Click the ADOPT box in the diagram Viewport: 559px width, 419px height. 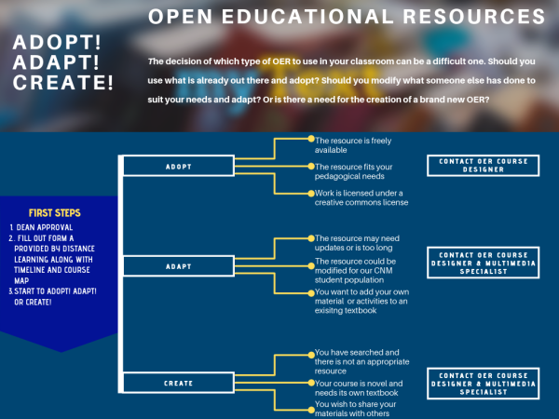pyautogui.click(x=178, y=167)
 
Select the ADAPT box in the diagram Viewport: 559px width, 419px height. pyautogui.click(x=178, y=266)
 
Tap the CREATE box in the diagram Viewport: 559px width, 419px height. pyautogui.click(x=178, y=383)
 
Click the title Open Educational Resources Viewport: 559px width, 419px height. pyautogui.click(x=347, y=17)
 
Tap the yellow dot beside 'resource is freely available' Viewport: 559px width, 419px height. pyautogui.click(x=311, y=139)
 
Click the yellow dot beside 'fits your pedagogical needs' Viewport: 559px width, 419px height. pyautogui.click(x=311, y=166)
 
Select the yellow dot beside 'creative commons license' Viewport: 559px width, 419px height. pyautogui.click(x=311, y=193)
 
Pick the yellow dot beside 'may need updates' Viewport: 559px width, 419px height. pyautogui.click(x=311, y=237)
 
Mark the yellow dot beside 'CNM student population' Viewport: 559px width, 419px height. pyautogui.click(x=311, y=264)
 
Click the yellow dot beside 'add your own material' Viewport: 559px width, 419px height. pyautogui.click(x=311, y=292)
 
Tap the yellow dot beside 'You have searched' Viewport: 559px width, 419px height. pyautogui.click(x=311, y=352)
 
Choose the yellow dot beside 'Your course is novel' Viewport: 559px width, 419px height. pyautogui.click(x=311, y=382)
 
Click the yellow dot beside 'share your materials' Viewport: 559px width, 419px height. pyautogui.click(x=311, y=405)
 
